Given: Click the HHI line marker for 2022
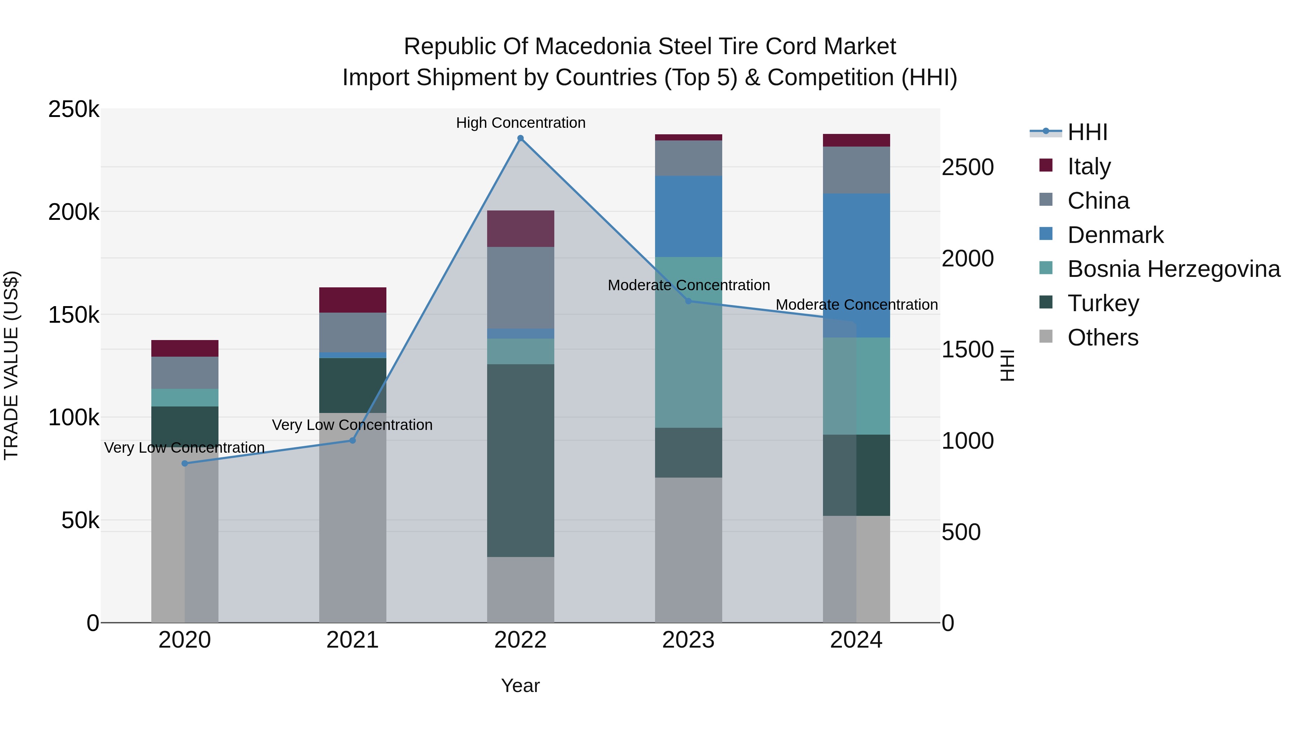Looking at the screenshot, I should (520, 138).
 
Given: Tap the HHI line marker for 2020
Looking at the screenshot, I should (185, 463).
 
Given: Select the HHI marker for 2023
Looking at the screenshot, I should (688, 301).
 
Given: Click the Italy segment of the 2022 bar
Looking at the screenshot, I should (520, 229).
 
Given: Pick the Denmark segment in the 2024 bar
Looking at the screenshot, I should (857, 265).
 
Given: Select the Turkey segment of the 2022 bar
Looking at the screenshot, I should (520, 460).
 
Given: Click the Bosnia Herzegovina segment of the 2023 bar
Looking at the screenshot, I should (688, 342).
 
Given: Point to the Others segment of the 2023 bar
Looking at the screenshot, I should (688, 550).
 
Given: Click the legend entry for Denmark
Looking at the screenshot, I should (1115, 235).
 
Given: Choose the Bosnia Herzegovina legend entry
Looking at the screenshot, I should (1173, 269).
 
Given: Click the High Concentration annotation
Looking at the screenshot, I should (520, 123).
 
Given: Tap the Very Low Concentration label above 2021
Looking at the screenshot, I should (352, 425).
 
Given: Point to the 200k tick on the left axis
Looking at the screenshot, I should (74, 212).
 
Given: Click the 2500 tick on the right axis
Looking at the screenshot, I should (967, 167).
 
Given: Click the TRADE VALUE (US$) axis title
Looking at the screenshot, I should (11, 365).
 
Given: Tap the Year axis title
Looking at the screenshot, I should (520, 686).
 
